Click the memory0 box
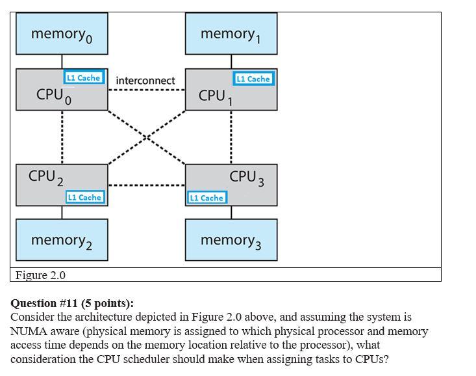(62, 34)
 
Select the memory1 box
(231, 34)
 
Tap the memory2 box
(62, 240)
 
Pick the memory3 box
(231, 240)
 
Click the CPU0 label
(53, 96)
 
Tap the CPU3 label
(246, 176)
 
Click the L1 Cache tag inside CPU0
(83, 77)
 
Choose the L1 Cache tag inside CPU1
(253, 79)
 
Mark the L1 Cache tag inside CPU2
(84, 196)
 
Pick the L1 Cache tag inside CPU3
(207, 197)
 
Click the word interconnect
(145, 80)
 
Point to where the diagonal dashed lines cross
(147, 137)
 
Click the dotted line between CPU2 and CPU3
(147, 185)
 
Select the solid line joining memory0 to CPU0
(62, 61)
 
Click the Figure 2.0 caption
(40, 275)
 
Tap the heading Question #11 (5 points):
(72, 303)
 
